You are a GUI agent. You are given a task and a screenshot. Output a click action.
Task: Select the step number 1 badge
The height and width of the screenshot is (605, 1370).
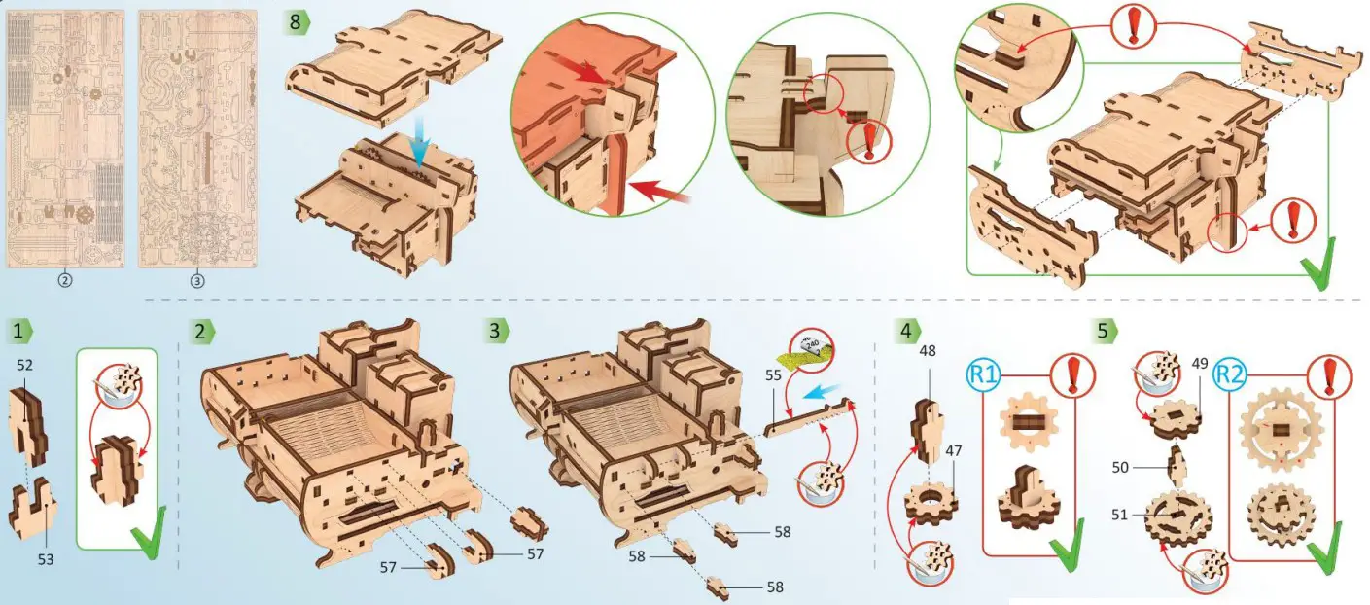coord(18,331)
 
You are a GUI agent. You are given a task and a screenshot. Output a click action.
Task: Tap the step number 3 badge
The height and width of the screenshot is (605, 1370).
coord(497,331)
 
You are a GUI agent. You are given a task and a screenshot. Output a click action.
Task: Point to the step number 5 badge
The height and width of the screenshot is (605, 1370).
coord(1104,331)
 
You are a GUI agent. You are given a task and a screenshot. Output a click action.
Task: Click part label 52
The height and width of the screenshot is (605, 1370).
coord(26,365)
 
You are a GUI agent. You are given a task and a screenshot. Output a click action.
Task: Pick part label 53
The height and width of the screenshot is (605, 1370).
coord(46,559)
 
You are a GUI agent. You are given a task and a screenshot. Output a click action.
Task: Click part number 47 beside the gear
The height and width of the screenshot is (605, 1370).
coord(954,451)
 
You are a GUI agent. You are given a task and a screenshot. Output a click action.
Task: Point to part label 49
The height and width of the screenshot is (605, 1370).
coord(1200,365)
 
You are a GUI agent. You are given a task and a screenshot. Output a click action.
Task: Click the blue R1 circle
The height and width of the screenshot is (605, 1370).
coord(983,374)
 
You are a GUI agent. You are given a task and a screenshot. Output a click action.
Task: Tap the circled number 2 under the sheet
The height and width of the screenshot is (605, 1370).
coord(65,280)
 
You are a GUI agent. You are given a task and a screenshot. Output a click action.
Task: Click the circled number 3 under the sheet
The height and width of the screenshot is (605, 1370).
coord(197,280)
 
